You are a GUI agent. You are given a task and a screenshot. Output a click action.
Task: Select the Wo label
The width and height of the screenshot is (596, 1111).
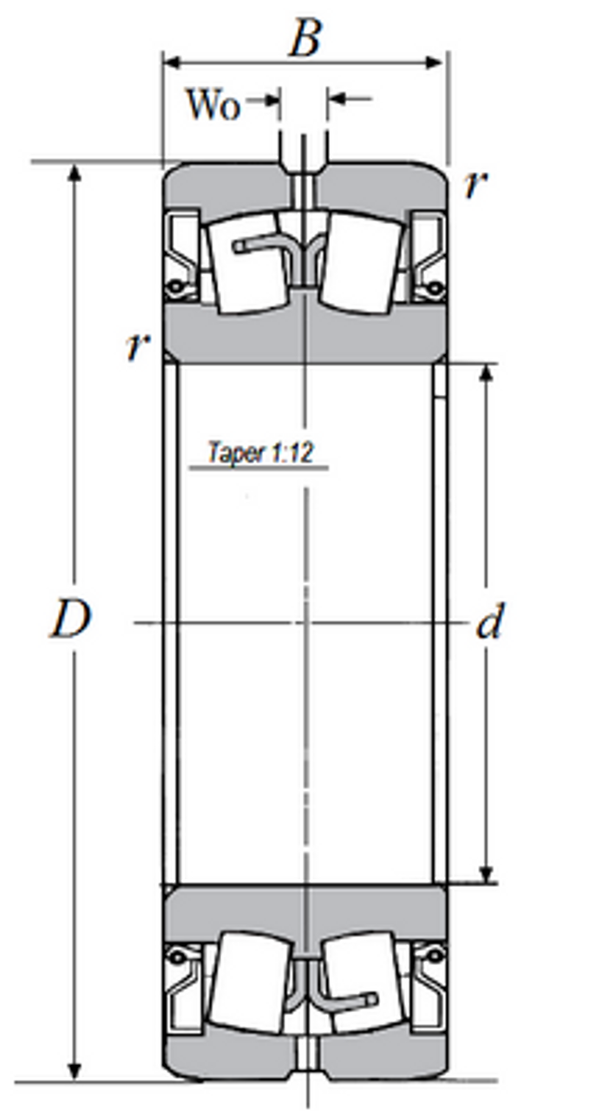213,104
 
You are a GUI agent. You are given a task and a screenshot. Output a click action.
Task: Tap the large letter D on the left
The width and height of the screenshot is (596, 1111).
69,620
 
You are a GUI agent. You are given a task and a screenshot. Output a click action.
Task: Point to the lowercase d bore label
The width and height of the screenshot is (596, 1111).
489,622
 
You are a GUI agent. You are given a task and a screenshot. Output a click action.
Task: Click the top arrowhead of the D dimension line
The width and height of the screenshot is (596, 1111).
75,172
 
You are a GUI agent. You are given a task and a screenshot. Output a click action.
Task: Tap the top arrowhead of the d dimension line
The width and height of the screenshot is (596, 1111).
487,372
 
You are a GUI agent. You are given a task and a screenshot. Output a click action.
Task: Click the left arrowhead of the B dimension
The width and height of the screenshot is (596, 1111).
172,62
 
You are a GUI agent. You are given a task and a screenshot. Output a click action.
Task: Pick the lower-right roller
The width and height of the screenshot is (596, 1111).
362,981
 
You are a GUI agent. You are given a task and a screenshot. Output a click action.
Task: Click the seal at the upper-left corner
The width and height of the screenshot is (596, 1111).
183,254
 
